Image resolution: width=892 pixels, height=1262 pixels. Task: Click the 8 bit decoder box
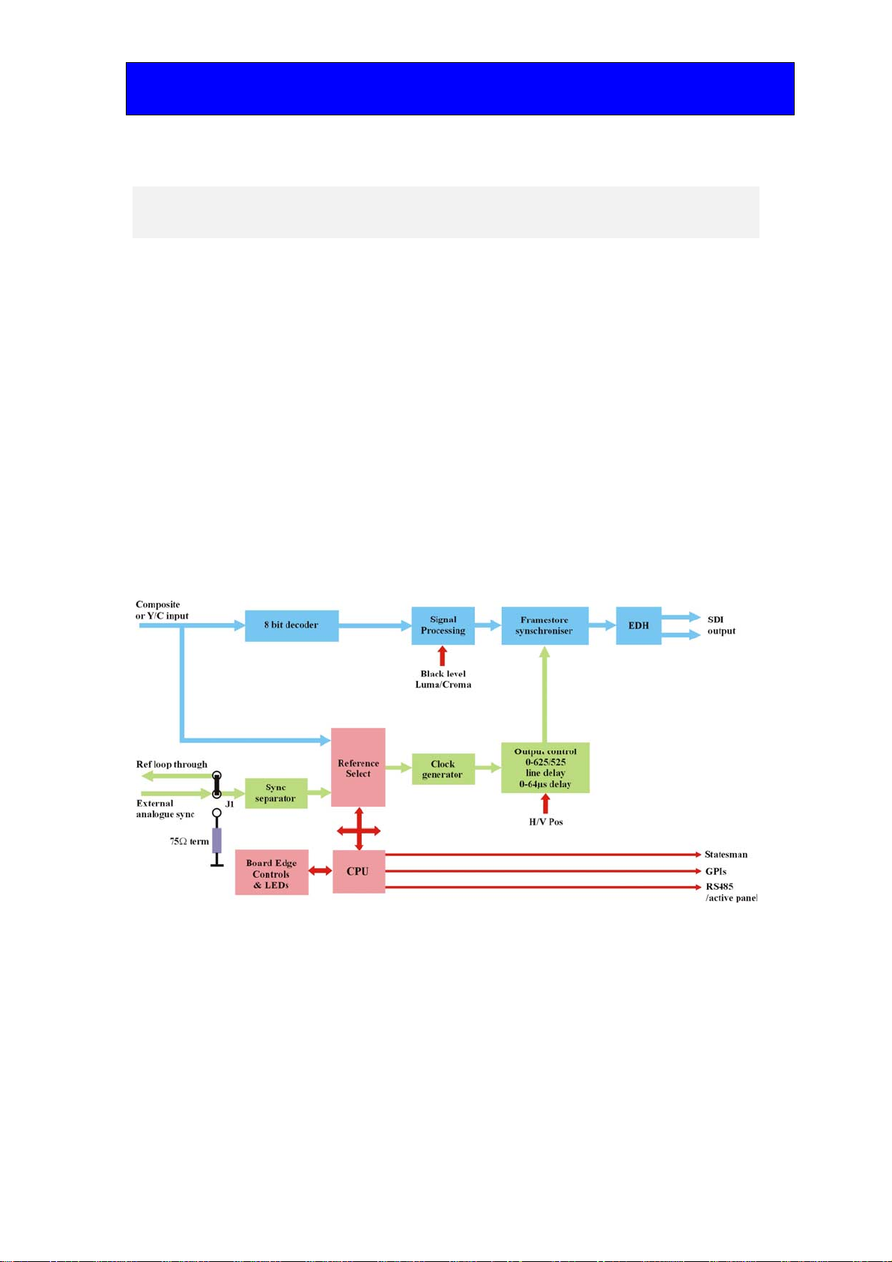291,625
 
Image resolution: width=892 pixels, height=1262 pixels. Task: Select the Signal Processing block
443,625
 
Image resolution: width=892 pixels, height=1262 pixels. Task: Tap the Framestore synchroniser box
545,625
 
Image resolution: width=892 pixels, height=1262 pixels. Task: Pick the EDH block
638,625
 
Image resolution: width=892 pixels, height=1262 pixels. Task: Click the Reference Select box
358,768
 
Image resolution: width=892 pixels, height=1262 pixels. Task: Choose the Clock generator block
443,769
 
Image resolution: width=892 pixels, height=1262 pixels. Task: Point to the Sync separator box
276,793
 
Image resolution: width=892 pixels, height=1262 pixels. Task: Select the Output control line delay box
545,768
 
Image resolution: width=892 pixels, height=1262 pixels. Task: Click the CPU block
359,872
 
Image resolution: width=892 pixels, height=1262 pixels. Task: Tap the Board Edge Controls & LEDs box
272,872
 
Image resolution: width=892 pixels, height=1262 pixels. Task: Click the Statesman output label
726,855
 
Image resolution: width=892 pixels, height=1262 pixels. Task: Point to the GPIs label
716,871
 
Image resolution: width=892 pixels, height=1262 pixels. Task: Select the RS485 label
720,887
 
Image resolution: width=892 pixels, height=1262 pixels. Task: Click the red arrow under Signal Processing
443,656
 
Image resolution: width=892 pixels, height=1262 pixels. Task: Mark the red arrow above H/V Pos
545,804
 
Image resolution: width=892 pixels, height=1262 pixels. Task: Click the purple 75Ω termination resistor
217,840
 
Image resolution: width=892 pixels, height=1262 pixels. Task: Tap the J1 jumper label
229,804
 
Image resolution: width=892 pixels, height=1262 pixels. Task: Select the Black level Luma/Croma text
443,679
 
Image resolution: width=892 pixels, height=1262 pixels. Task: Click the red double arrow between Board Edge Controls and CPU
320,871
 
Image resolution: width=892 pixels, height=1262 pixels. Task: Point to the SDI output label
721,625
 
